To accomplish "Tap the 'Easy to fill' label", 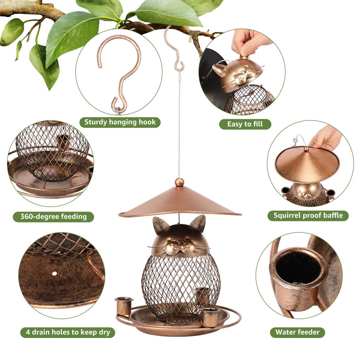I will tap(245, 124).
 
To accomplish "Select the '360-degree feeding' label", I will tap(53, 217).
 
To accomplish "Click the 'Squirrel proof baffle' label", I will tap(308, 216).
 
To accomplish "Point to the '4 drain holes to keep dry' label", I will tap(67, 332).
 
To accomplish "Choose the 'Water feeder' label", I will tap(297, 332).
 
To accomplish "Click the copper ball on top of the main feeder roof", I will tap(179, 182).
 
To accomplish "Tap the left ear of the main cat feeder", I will tap(160, 225).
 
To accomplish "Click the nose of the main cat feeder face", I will tap(179, 243).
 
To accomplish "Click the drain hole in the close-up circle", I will tap(54, 273).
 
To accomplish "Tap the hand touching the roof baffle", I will tap(326, 137).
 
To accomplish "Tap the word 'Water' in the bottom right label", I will tap(286, 332).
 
